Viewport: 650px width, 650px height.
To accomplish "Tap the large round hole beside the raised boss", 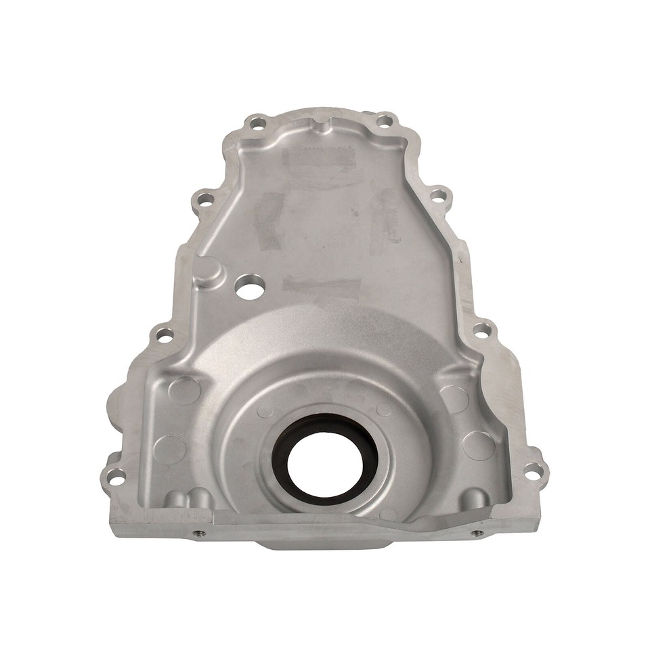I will click(x=249, y=287).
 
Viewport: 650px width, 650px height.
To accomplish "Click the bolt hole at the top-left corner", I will click(x=256, y=124).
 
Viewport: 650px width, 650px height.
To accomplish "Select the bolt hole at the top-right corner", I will click(x=384, y=122).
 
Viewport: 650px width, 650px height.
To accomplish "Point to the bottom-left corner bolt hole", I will click(x=117, y=478).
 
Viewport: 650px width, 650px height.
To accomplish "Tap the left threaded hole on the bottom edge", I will click(x=199, y=533).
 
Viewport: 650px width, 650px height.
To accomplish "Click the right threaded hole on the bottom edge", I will click(x=479, y=532).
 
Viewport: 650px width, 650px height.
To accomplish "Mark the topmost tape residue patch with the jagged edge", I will click(x=318, y=160).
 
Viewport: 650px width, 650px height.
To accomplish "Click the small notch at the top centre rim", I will click(x=320, y=125).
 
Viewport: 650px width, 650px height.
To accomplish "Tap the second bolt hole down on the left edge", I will click(x=202, y=199).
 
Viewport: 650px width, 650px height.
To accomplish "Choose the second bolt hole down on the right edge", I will click(x=439, y=196).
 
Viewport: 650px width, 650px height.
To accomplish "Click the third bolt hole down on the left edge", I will click(x=164, y=334).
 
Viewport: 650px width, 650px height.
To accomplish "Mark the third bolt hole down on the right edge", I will click(x=481, y=331).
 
